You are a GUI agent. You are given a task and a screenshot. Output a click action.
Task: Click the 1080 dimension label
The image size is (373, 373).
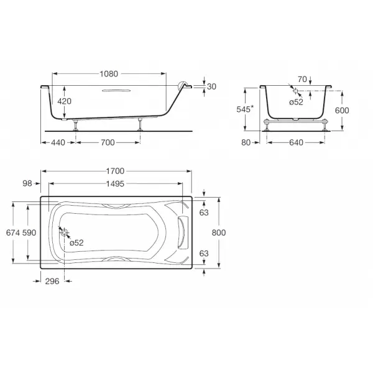click(109, 74)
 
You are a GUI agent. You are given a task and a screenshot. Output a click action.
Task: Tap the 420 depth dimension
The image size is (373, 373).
click(64, 101)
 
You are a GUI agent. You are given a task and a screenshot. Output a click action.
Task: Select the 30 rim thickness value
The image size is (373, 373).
click(211, 86)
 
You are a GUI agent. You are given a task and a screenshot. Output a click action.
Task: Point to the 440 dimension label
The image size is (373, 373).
click(58, 142)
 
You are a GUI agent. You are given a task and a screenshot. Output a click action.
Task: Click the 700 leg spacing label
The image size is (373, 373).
click(108, 142)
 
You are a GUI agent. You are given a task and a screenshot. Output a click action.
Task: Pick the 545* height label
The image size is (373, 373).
click(245, 109)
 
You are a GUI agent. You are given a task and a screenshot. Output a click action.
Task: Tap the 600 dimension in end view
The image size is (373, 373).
click(342, 111)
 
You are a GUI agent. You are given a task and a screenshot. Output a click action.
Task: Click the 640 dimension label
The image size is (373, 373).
click(296, 142)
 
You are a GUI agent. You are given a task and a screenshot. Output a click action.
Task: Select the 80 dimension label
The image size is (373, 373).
click(246, 142)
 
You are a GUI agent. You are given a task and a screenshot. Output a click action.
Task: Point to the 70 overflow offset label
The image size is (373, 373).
click(302, 79)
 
